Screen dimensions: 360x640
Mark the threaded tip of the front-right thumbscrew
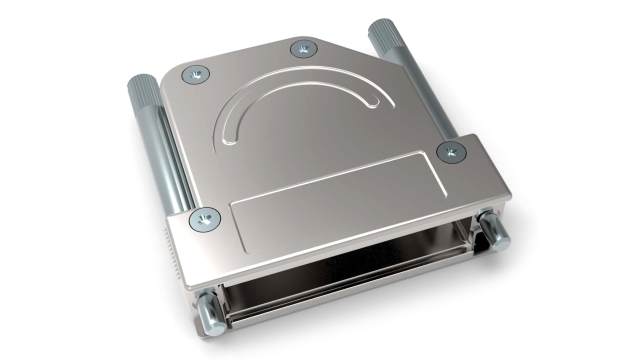pyautogui.click(x=495, y=232)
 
